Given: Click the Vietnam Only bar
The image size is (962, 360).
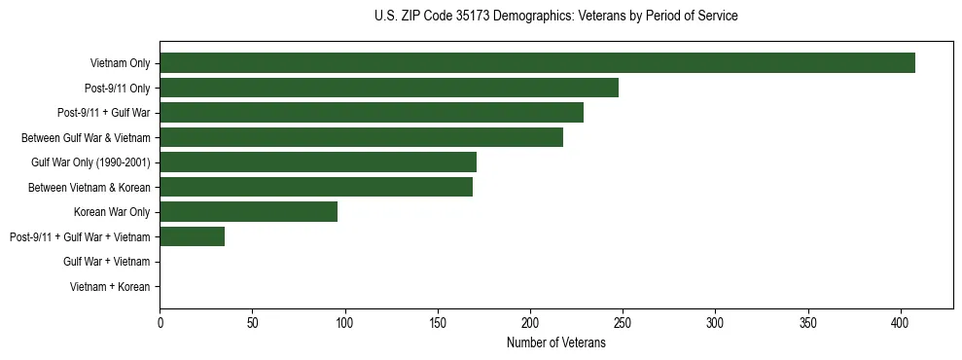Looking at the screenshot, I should pos(537,63).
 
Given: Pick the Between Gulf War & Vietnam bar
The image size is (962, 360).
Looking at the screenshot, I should pos(361,137).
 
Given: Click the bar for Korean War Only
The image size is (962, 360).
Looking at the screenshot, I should pos(248,211).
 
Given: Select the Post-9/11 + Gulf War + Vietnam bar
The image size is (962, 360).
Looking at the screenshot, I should pos(193,236).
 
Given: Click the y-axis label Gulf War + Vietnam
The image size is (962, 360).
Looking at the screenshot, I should pos(106,262).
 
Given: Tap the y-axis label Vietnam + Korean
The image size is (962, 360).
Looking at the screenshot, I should pos(110,286).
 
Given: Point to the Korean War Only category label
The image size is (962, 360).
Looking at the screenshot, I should pos(112,212).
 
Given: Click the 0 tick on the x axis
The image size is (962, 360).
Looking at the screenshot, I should pos(160,322).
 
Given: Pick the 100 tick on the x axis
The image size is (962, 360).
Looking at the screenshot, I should pos(345,322).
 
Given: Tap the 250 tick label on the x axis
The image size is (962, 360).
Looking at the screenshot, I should pos(623,322).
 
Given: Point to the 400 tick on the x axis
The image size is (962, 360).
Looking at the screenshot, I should pos(901,322).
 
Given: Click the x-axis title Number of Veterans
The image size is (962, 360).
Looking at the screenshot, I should pos(555,342).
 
